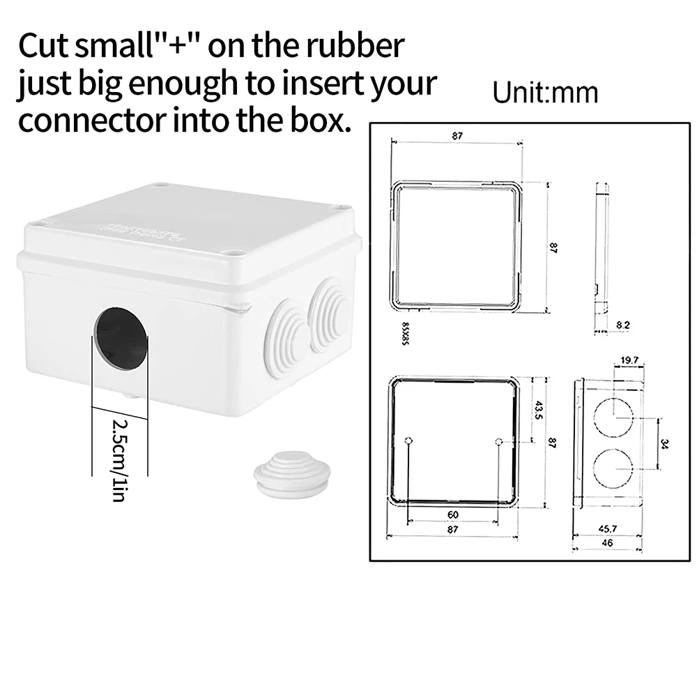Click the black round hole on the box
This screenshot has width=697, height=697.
coord(121,339)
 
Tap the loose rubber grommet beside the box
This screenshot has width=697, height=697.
coord(291,473)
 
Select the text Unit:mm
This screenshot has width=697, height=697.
coord(545,93)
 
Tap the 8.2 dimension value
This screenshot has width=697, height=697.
coord(623,325)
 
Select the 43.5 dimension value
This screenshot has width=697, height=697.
coord(537,409)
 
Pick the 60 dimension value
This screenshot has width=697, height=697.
coord(452,514)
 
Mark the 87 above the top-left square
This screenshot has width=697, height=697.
coord(457,137)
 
